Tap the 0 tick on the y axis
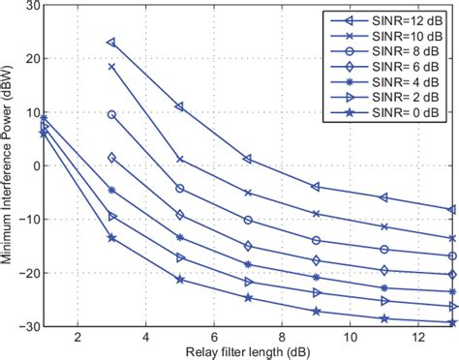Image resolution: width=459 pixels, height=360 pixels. (x=32, y=166)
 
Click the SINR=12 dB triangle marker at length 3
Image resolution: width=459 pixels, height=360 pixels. (x=111, y=43)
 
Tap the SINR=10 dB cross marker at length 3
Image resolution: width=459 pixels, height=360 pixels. (x=111, y=67)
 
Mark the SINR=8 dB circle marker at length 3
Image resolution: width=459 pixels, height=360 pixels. (x=111, y=114)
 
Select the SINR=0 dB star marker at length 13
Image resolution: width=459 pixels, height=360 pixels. (x=452, y=322)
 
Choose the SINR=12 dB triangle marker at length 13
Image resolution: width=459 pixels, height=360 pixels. (x=452, y=209)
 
